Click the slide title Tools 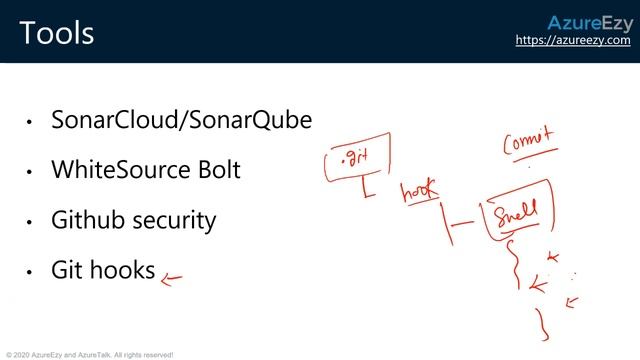tap(56, 33)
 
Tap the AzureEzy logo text tap(589, 24)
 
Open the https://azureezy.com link tap(573, 41)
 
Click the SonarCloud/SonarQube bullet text tap(181, 121)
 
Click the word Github tap(85, 220)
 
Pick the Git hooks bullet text tap(103, 270)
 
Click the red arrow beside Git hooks tap(172, 280)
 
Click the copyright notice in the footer tap(90, 354)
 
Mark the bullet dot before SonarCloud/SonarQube tap(30, 123)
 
